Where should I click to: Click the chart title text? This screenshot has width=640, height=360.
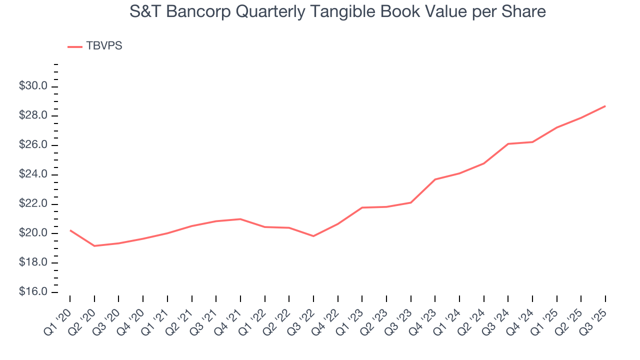337,11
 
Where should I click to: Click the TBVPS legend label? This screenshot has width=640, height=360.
104,46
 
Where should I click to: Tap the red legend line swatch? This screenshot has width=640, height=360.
74,46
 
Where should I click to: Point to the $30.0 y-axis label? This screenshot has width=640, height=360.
33,86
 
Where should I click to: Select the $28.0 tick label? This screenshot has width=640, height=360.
33,116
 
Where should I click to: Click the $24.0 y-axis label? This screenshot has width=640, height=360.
33,174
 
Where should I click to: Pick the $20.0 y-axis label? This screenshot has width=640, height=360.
33,233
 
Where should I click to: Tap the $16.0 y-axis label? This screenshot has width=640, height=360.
33,292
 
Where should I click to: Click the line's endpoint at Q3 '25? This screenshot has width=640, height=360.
605,106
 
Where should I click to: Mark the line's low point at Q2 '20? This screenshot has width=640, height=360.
94,245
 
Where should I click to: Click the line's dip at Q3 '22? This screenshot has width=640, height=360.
313,236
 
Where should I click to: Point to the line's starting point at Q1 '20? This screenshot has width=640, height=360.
70,230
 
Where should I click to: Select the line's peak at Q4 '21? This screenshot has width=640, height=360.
240,219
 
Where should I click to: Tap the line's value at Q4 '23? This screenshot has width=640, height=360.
435,179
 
